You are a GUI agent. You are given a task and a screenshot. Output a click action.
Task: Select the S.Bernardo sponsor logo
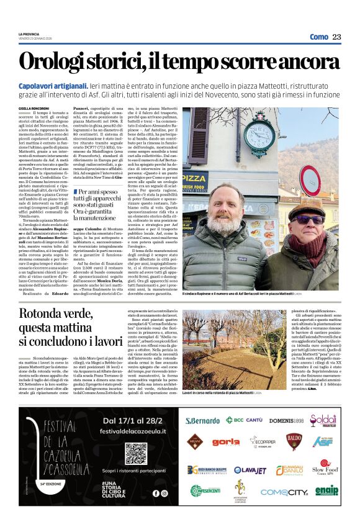point(202,420)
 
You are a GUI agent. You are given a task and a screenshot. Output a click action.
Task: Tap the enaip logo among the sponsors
point(326,490)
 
